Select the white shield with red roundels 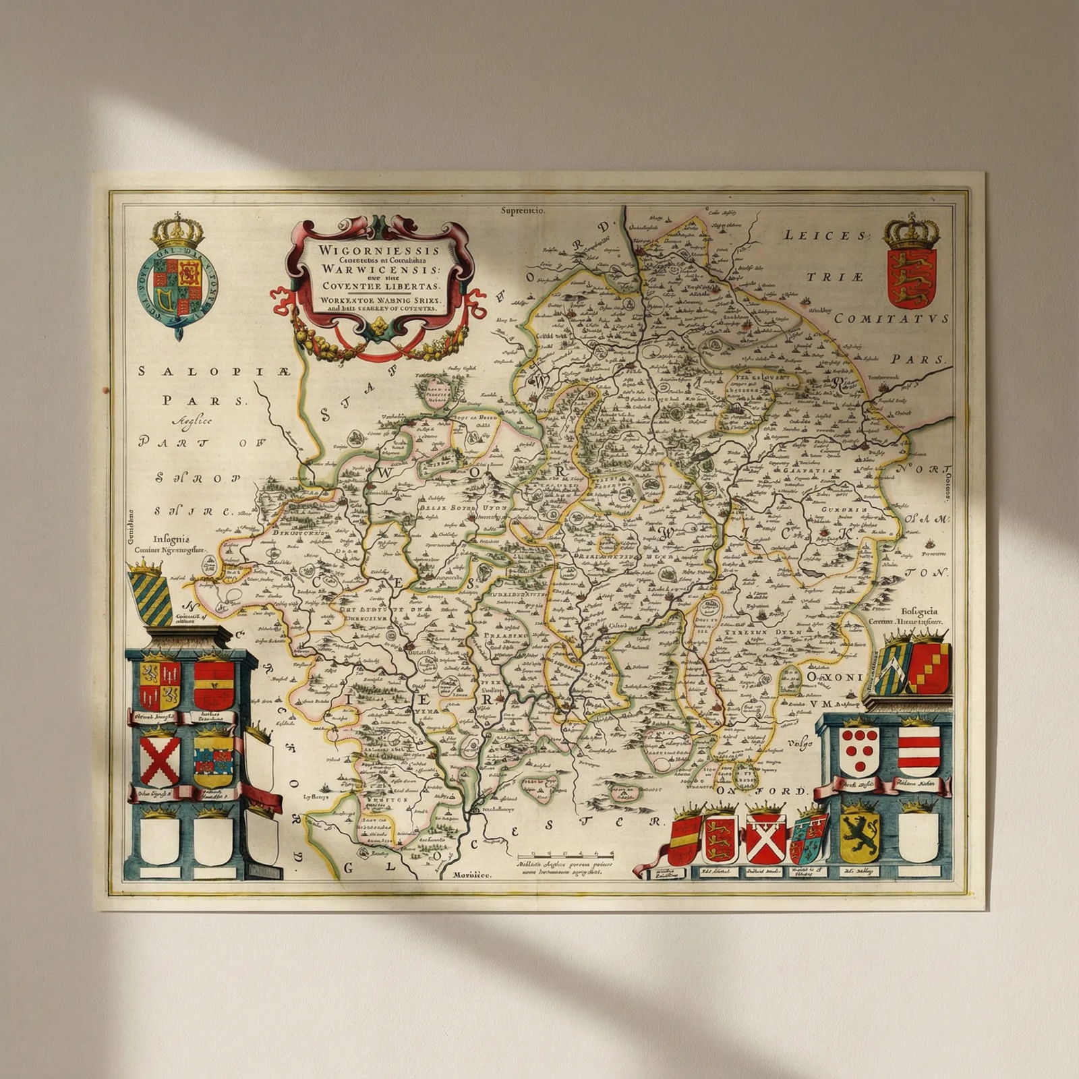click(859, 751)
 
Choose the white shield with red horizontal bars click(918, 751)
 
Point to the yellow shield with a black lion click(859, 837)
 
